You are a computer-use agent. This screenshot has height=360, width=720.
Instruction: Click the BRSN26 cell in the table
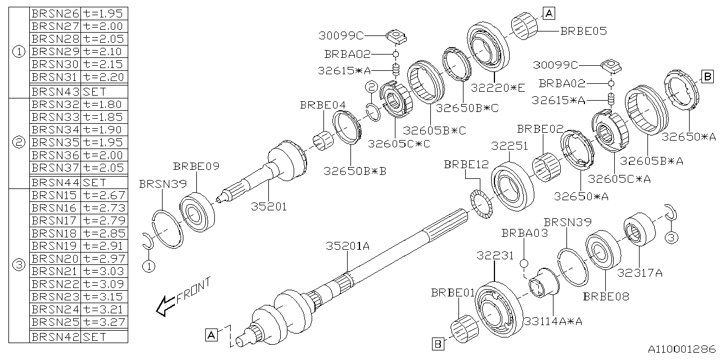click(x=55, y=13)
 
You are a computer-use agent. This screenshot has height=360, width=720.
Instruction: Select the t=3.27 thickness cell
click(x=104, y=323)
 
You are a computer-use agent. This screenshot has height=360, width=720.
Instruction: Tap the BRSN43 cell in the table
click(x=55, y=91)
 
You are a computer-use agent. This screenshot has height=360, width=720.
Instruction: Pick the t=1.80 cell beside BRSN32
click(x=104, y=104)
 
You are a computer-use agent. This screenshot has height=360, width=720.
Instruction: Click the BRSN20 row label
click(x=55, y=258)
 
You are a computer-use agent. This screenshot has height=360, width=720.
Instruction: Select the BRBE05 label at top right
click(x=583, y=31)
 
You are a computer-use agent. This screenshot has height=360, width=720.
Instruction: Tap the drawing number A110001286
click(x=680, y=349)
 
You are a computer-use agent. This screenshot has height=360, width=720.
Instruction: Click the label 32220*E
click(x=498, y=87)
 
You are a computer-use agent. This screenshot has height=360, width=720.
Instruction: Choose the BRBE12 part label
click(x=467, y=165)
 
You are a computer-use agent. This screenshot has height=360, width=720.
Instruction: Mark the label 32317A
click(x=640, y=273)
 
